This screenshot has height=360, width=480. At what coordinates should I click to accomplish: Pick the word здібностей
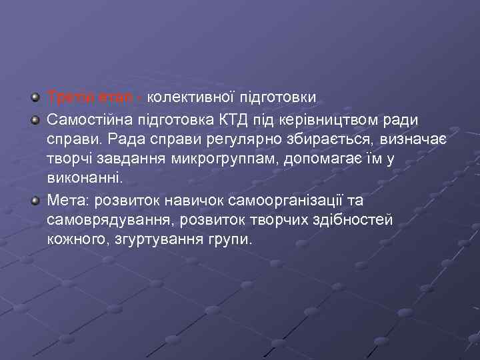coord(349,219)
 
